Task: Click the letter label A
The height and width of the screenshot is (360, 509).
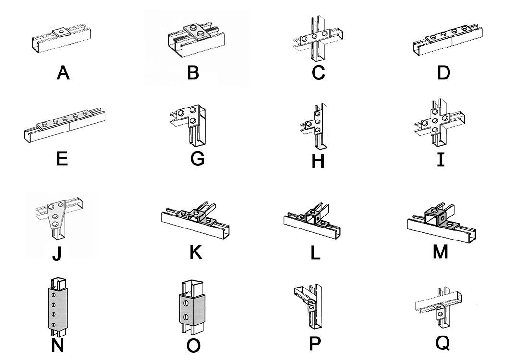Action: (x=63, y=73)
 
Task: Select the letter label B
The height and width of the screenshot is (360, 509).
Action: (x=193, y=73)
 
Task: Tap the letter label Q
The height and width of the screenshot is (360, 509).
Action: (x=443, y=342)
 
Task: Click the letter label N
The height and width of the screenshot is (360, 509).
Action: (x=57, y=345)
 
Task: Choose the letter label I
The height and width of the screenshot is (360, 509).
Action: (x=440, y=159)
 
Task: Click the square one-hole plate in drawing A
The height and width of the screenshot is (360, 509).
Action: (x=60, y=33)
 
